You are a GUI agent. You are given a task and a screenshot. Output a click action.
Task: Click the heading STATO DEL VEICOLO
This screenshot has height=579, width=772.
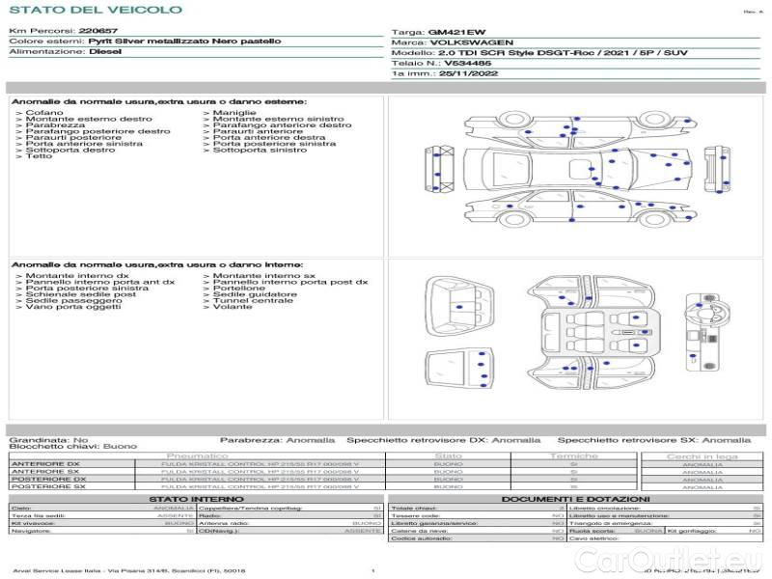(95, 10)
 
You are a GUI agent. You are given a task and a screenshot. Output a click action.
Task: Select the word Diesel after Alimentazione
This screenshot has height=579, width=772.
(105, 52)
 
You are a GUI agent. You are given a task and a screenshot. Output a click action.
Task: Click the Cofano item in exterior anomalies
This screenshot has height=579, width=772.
(44, 113)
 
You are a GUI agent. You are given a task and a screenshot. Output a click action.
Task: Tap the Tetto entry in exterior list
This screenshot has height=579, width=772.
(40, 156)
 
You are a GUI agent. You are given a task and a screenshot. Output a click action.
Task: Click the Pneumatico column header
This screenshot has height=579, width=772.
(197, 455)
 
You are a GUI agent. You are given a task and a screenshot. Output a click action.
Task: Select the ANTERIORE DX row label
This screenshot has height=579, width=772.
(45, 464)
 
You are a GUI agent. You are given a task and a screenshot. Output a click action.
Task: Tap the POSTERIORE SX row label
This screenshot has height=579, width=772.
(48, 486)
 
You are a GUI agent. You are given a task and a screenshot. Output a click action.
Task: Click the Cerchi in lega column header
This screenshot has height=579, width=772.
(702, 455)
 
